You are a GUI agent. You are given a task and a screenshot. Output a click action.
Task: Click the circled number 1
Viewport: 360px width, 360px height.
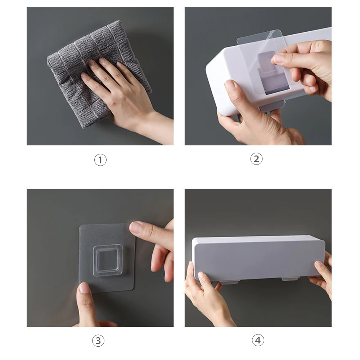[100, 160]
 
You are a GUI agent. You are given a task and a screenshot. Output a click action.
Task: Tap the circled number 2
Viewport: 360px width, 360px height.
[256, 159]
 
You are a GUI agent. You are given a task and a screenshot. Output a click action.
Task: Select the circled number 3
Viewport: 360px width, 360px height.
[98, 341]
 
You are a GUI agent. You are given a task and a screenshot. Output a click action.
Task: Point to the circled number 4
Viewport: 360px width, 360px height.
[258, 340]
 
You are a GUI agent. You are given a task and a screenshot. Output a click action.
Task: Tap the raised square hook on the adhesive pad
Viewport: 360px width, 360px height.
[107, 260]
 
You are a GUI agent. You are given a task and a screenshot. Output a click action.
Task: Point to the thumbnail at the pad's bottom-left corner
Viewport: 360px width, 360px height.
[84, 288]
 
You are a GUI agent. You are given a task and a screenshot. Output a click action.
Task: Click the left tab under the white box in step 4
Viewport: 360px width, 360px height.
[229, 282]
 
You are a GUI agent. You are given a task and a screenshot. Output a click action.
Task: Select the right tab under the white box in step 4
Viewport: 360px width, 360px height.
[290, 279]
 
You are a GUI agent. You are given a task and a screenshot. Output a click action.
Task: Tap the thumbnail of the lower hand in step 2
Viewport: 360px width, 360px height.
[230, 85]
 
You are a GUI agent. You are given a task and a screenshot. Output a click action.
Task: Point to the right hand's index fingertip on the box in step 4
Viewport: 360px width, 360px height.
[319, 264]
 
